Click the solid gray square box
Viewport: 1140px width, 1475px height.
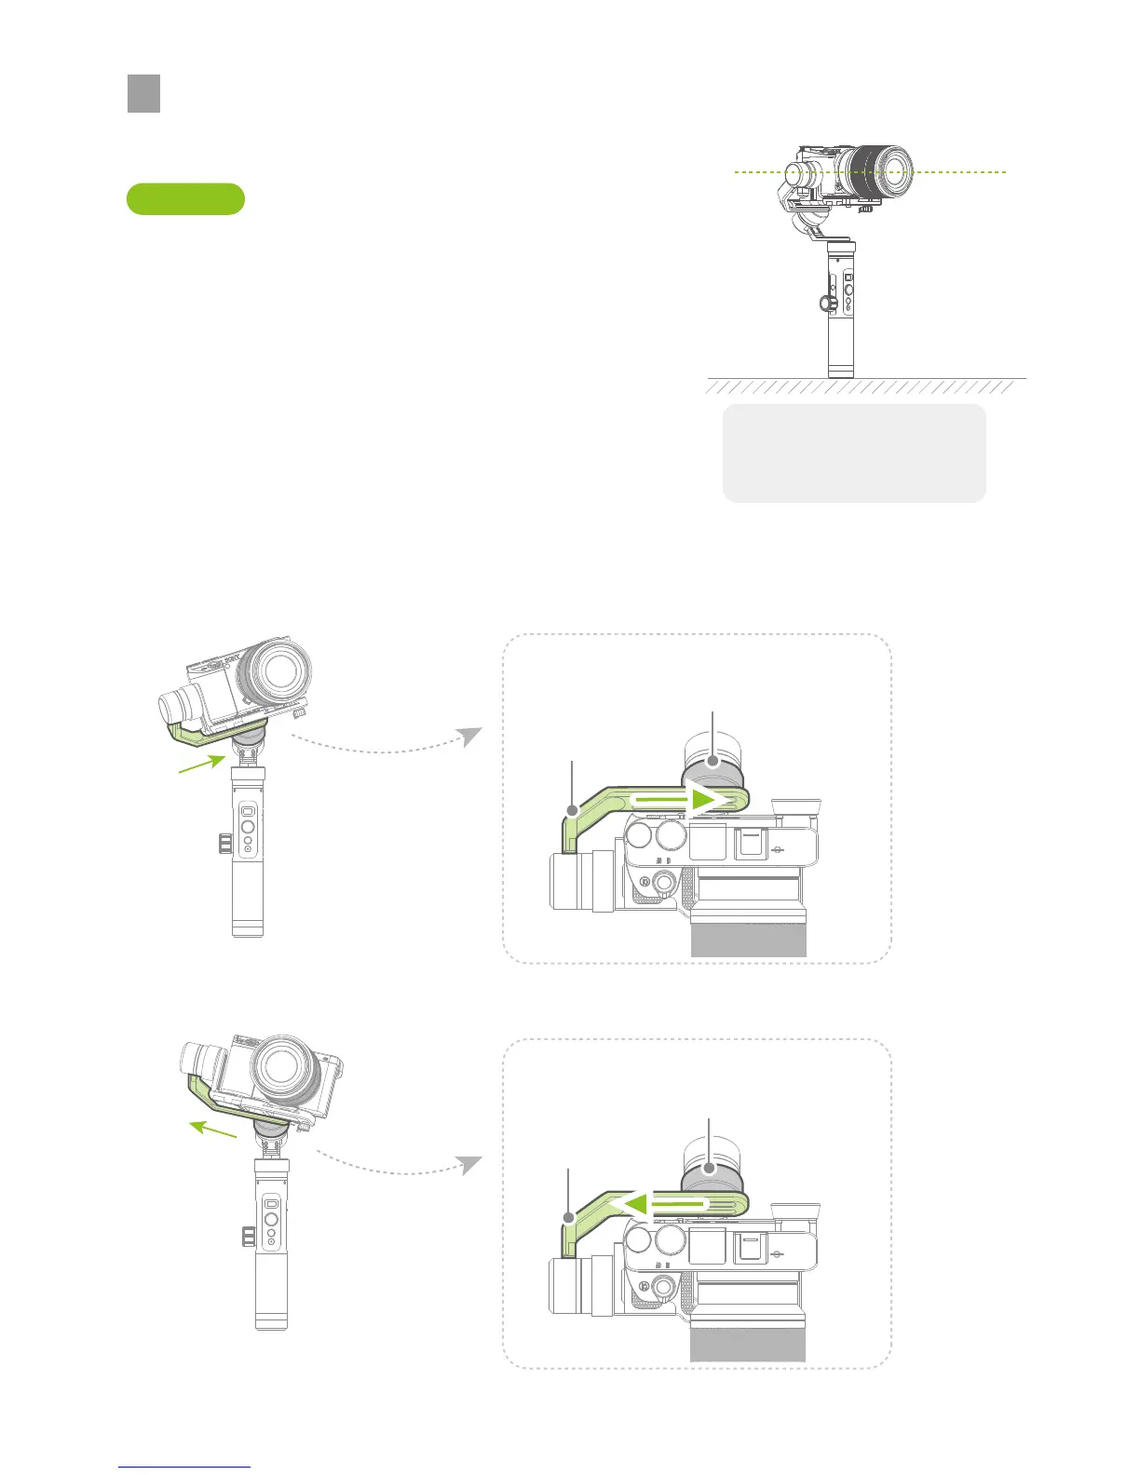click(x=143, y=94)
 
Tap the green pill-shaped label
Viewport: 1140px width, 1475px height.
click(x=185, y=199)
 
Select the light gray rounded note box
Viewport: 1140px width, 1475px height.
click(x=854, y=453)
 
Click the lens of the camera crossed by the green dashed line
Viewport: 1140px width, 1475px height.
click(x=887, y=172)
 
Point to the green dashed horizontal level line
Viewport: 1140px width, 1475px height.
click(x=969, y=172)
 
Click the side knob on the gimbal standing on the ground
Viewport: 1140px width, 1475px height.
click(x=824, y=303)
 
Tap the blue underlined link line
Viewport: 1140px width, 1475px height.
click(x=184, y=1467)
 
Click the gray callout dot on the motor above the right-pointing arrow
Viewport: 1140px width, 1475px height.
click(x=712, y=762)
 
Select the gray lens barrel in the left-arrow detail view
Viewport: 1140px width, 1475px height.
click(x=748, y=1342)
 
